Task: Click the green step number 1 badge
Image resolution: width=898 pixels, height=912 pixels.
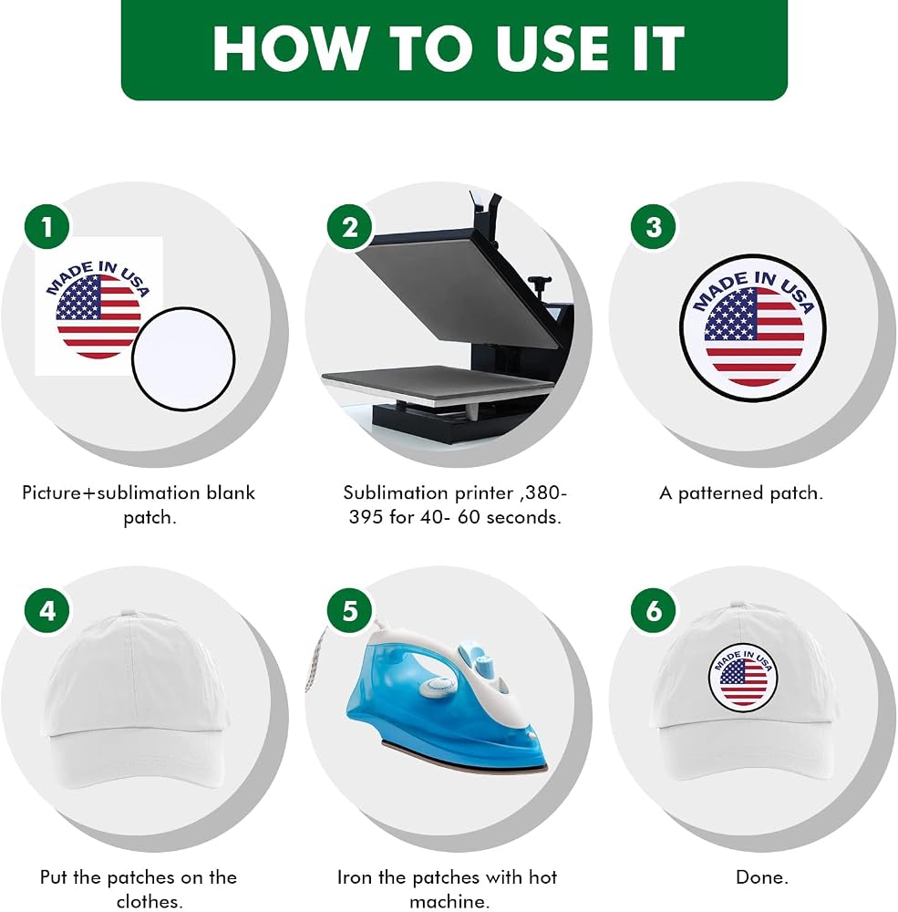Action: click(47, 227)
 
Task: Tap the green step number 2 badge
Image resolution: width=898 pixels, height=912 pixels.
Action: click(350, 227)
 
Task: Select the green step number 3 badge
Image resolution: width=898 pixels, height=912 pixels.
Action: click(654, 227)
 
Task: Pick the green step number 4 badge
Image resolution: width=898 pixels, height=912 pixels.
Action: click(47, 611)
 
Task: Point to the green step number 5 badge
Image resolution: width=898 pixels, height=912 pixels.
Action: click(350, 611)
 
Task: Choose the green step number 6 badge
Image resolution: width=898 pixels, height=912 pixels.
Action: click(654, 611)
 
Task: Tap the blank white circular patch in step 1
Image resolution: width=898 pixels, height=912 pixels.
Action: click(183, 358)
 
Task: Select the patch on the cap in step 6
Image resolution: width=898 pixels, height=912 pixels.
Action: click(743, 677)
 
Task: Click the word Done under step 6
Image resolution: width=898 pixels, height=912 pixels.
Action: click(762, 876)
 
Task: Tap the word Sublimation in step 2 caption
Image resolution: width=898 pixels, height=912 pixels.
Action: click(396, 492)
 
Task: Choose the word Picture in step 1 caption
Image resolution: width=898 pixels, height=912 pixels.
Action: click(52, 492)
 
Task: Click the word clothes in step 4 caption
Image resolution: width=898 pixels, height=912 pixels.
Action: click(148, 901)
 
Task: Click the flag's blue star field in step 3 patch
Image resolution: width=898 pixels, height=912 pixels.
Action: click(730, 315)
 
